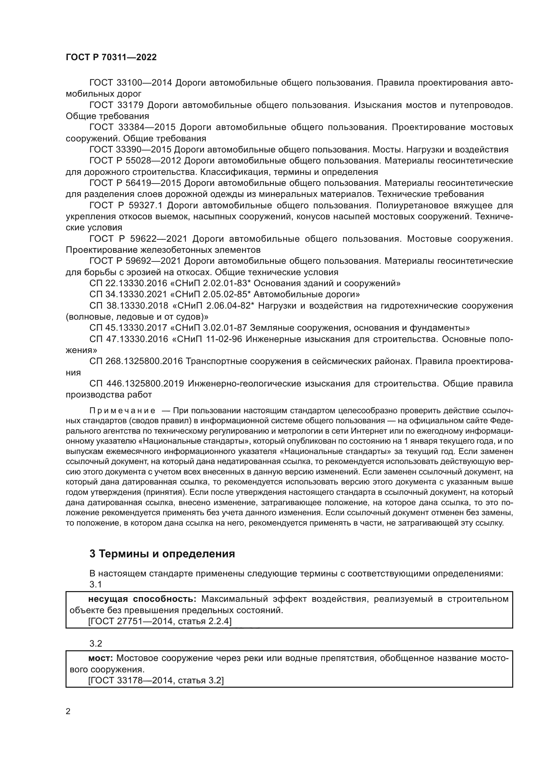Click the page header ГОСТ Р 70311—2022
(x=111, y=57)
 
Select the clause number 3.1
(x=96, y=584)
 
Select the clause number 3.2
(x=96, y=644)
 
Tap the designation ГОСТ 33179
(x=116, y=105)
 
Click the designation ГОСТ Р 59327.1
(x=126, y=205)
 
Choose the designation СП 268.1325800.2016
(x=136, y=361)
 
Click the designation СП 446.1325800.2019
(x=136, y=384)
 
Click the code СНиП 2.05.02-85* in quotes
(x=214, y=294)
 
